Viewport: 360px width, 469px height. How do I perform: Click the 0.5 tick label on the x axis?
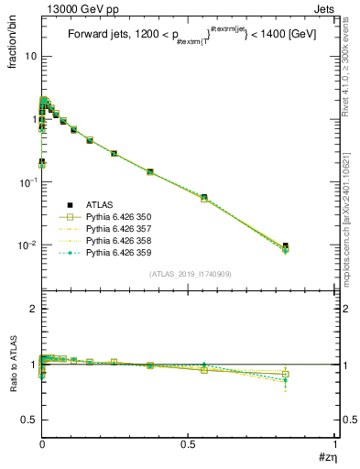[x=188, y=445]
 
